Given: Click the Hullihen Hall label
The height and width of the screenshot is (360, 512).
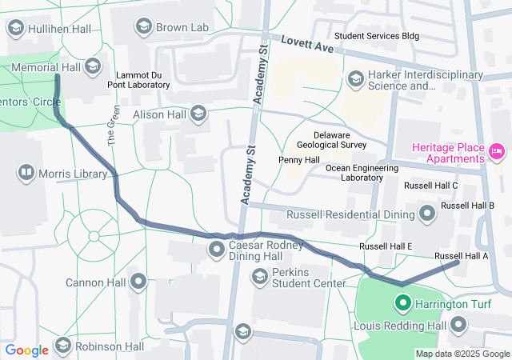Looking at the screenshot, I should pyautogui.click(x=52, y=27).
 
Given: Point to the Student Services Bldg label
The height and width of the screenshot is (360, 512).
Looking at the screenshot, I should pyautogui.click(x=376, y=36).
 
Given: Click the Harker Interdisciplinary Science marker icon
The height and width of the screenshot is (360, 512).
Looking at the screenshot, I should pyautogui.click(x=355, y=78).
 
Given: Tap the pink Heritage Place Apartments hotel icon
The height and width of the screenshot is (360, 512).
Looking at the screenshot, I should pyautogui.click(x=497, y=150).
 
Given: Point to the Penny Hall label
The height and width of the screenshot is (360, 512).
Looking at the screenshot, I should pyautogui.click(x=299, y=160).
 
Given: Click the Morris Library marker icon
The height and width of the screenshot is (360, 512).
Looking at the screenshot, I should pyautogui.click(x=26, y=173).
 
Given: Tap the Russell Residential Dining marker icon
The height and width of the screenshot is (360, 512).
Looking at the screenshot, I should pyautogui.click(x=426, y=214).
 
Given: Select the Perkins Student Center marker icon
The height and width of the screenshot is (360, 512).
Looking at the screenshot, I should pyautogui.click(x=259, y=277).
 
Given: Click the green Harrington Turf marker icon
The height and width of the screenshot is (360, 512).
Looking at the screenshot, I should pyautogui.click(x=402, y=303).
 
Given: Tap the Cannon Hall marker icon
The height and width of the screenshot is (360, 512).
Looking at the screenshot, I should pyautogui.click(x=139, y=281).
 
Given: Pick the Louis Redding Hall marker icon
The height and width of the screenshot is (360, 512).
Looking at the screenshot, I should pyautogui.click(x=458, y=325).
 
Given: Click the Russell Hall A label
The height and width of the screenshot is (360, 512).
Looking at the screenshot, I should pyautogui.click(x=461, y=256).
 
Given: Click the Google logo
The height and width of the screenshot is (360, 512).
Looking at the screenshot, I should pyautogui.click(x=26, y=350).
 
